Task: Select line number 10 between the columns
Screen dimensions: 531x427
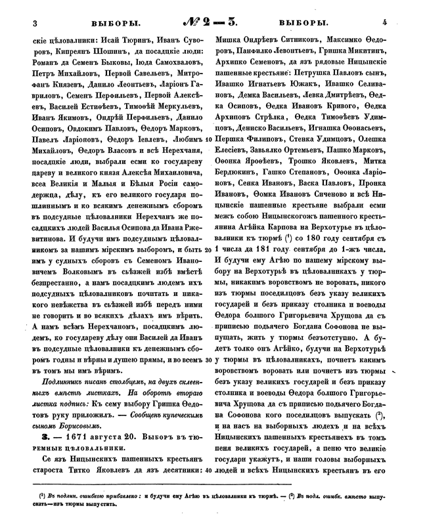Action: pos(208,158)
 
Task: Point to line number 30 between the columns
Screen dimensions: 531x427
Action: pos(208,360)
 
